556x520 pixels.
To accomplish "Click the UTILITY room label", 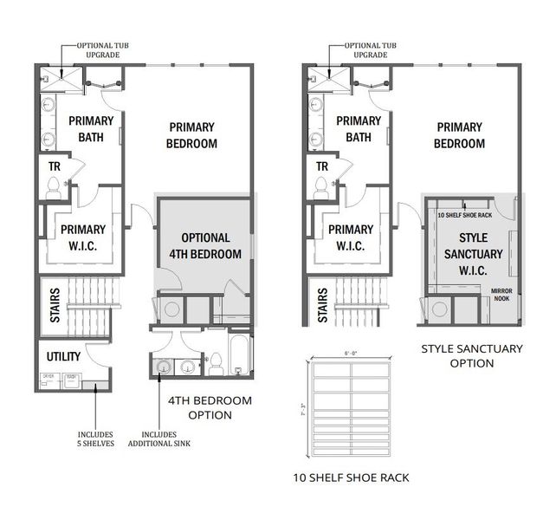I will (64, 356).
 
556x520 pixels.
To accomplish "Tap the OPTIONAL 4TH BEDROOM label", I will (205, 245).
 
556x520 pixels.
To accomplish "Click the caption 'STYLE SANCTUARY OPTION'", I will (472, 356).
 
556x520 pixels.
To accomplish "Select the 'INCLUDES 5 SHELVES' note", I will (95, 439).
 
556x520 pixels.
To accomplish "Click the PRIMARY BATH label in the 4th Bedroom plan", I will (91, 129).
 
